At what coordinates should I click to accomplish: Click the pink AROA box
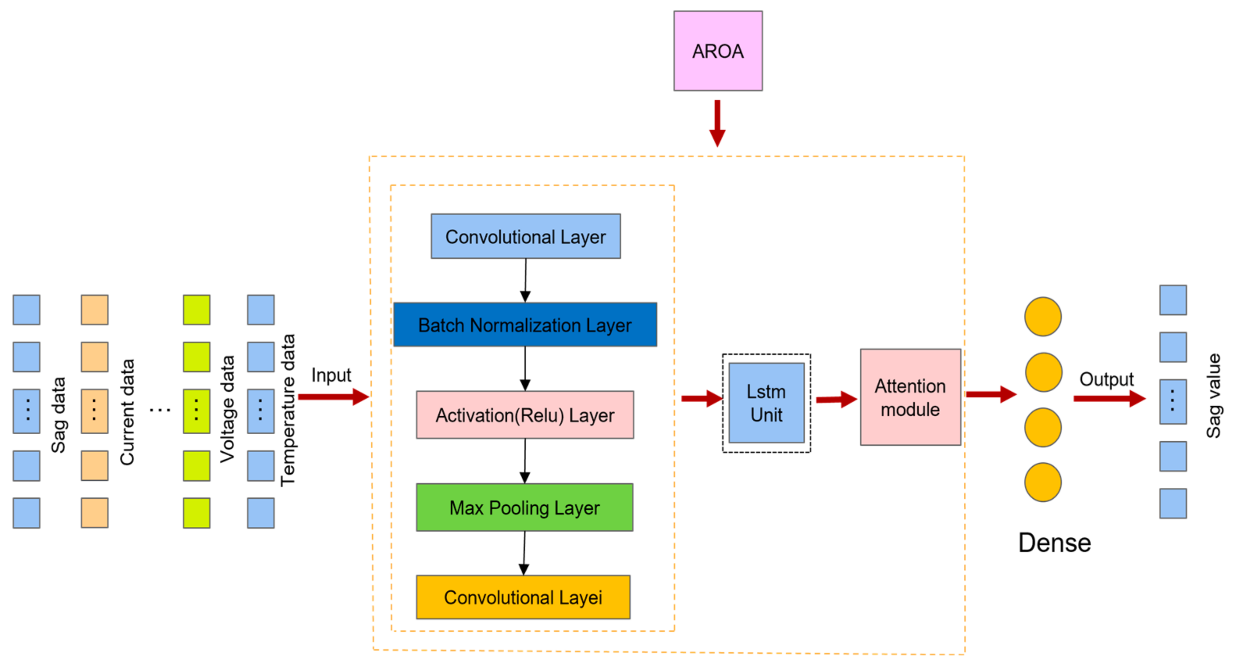(718, 51)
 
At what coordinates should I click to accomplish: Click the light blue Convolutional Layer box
(525, 236)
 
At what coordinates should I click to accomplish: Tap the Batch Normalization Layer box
(525, 325)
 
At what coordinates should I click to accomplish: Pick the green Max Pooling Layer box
(524, 507)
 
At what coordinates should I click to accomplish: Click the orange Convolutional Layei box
(523, 597)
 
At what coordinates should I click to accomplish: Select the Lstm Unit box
(766, 403)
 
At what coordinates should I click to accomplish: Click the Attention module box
(910, 397)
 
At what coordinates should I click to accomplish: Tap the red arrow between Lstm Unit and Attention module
(836, 399)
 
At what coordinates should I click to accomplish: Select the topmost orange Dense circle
(1043, 316)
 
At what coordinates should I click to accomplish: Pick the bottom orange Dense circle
(1043, 482)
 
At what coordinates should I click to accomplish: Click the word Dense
(1054, 543)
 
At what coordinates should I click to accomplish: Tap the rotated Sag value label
(1213, 396)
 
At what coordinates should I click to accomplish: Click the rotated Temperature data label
(288, 410)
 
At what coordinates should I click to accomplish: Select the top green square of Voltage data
(196, 310)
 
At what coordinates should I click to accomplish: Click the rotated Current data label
(127, 412)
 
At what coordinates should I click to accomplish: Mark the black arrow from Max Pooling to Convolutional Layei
(524, 553)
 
